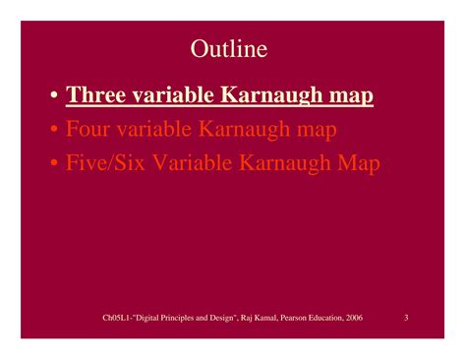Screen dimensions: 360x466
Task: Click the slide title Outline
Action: (x=228, y=48)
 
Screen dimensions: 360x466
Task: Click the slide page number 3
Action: (x=406, y=318)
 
